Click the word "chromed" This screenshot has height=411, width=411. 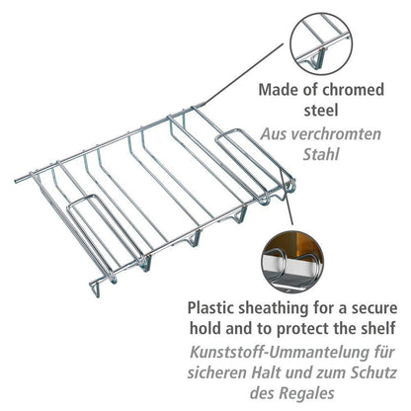click(353, 90)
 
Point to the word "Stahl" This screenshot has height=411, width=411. click(320, 154)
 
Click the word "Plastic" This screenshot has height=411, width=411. click(210, 308)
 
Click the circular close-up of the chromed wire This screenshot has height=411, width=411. click(321, 43)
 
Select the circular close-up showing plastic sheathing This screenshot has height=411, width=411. click(292, 262)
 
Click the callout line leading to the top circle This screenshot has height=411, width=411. click(243, 73)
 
